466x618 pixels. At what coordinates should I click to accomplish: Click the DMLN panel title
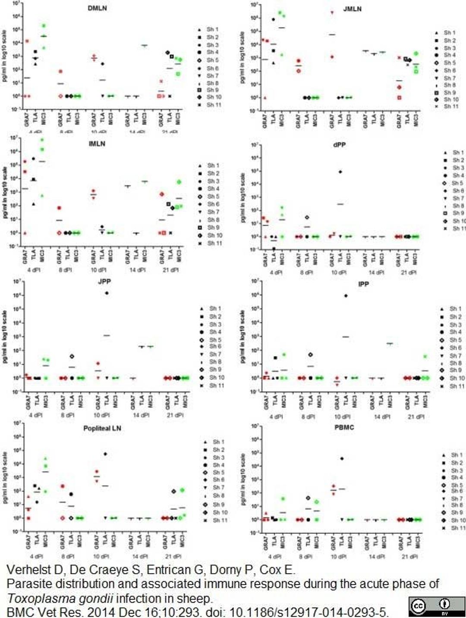click(97, 8)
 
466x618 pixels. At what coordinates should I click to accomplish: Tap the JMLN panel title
click(352, 9)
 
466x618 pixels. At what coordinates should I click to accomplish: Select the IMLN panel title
click(97, 144)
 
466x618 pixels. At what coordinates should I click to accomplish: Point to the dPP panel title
click(339, 145)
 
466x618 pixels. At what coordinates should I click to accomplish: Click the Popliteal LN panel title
click(102, 428)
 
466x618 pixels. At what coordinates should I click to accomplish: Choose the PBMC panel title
click(344, 427)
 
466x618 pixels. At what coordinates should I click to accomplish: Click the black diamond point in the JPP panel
click(107, 293)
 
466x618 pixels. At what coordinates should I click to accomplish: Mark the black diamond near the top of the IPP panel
click(346, 296)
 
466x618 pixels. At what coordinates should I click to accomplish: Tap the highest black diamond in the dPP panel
click(340, 172)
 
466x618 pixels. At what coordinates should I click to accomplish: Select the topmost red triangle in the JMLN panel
click(332, 13)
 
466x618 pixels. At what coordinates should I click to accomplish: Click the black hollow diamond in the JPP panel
click(72, 357)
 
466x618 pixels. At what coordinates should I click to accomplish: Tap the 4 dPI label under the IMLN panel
click(34, 270)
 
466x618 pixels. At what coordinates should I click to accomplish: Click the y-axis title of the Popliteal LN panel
click(5, 477)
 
